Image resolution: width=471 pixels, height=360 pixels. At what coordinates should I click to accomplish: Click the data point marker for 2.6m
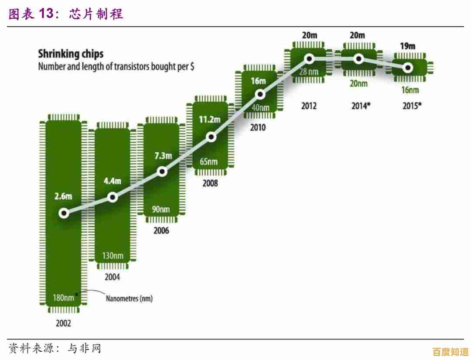pos(64,213)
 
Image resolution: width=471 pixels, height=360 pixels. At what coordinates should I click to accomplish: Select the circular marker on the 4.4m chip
pos(113,197)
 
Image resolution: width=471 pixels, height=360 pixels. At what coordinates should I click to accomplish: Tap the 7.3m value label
pos(164,156)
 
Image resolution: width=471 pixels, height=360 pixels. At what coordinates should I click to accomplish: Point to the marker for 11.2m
pos(211,137)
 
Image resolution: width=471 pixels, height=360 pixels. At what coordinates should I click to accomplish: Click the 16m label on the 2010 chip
pos(258,81)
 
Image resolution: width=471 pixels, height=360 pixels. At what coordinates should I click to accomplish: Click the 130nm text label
pos(112,255)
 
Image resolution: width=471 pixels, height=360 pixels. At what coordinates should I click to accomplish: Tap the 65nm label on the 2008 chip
pos(208,161)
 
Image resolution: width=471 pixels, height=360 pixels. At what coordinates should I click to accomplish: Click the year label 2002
pos(64,323)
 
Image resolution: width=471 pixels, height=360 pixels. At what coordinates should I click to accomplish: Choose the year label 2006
pos(161,230)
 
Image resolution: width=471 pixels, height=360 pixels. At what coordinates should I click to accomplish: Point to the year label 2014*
pos(361,106)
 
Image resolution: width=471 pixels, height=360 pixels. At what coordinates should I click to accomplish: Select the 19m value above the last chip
pos(408,46)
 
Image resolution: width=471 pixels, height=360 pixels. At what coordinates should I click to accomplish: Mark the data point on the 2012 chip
pos(309,58)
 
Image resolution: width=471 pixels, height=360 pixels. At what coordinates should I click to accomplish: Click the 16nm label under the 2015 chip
pos(410,90)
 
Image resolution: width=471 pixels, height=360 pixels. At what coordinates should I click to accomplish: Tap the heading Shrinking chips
pos(71,54)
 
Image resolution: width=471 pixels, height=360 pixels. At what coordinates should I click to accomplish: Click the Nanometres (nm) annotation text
pos(129,299)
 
